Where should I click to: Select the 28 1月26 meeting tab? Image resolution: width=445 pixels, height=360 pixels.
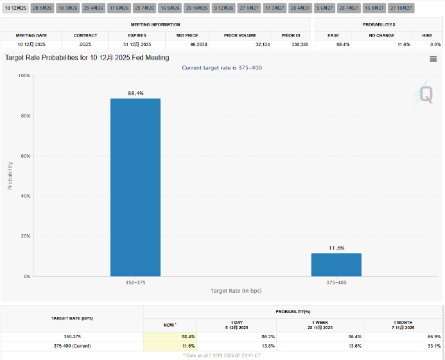click(42, 8)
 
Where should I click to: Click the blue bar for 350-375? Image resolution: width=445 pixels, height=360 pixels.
click(135, 187)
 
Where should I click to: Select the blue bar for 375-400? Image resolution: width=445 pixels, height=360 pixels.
click(336, 264)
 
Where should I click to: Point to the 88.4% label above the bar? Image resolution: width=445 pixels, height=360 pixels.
click(135, 93)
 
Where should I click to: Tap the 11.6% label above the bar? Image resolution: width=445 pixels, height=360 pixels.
click(336, 248)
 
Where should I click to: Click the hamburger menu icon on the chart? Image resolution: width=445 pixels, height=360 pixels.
click(433, 59)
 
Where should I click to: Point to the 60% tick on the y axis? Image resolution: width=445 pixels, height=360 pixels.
click(26, 156)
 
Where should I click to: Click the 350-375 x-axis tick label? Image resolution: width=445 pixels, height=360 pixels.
click(135, 282)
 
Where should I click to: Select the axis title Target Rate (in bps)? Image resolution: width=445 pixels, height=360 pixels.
click(236, 291)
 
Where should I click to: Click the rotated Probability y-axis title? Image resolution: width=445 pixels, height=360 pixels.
click(10, 175)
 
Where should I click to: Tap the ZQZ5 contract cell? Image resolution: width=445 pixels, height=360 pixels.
click(85, 44)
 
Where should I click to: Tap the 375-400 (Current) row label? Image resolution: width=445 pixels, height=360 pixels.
click(71, 346)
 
